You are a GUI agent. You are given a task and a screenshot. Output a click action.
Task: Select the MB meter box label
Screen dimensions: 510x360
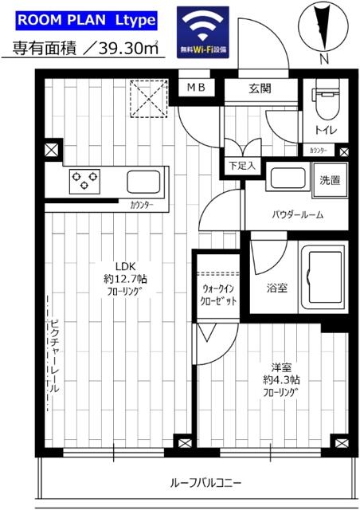195,88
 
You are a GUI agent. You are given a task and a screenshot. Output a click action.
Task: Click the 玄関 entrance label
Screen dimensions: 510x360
260,89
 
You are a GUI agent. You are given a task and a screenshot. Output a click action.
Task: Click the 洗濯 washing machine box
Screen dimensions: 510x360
329,180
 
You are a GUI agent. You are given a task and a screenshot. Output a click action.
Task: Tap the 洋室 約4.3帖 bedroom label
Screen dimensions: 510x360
283,379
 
